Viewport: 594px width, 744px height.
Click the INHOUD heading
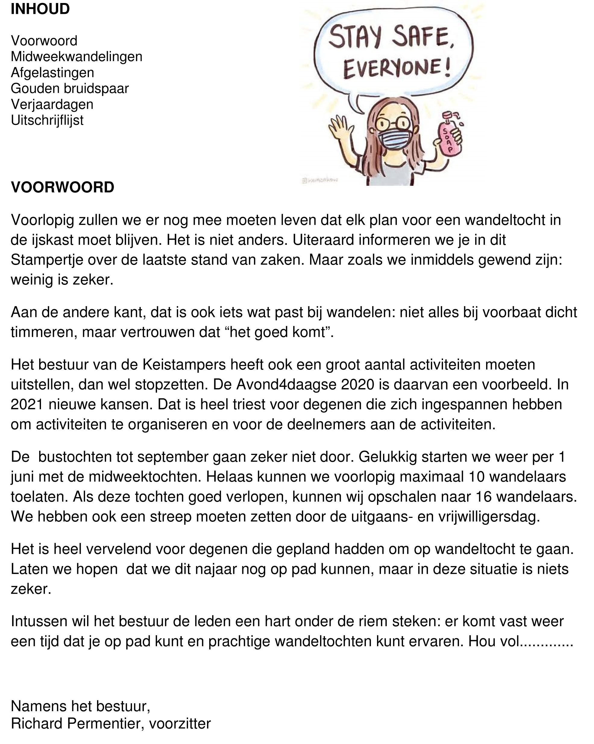click(40, 9)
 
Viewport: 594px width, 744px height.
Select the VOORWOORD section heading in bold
click(62, 187)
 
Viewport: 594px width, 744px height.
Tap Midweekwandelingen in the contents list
click(76, 57)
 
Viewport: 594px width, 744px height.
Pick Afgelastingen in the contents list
click(52, 73)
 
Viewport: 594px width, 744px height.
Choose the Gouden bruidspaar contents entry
click(70, 88)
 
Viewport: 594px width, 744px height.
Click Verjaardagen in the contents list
click(52, 104)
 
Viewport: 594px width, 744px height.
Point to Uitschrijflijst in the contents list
click(47, 120)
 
